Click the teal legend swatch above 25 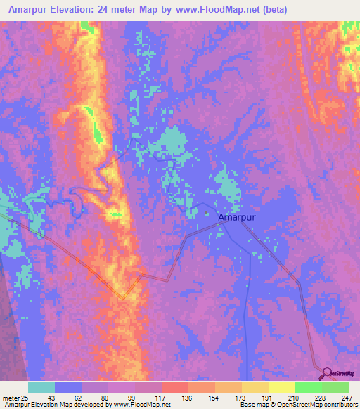[41, 388]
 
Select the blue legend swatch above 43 [69, 388]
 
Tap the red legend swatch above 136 [175, 388]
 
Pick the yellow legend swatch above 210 [282, 388]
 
